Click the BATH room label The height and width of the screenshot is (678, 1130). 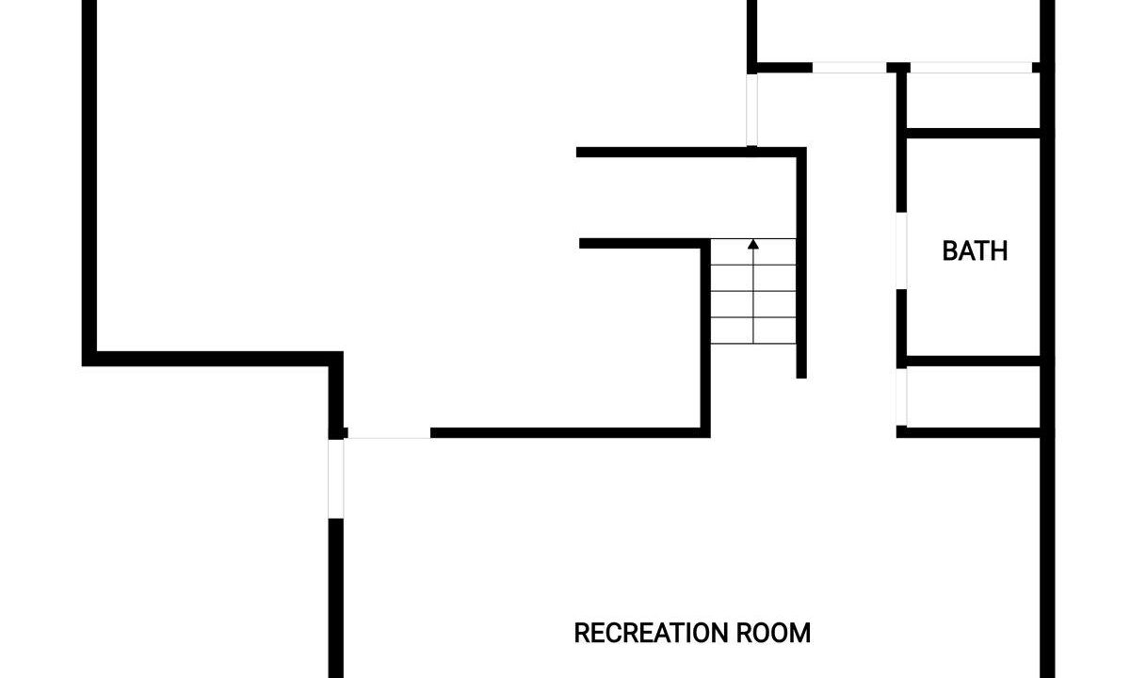click(975, 250)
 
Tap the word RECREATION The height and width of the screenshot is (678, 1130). click(651, 633)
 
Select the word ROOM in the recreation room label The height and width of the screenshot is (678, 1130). click(773, 633)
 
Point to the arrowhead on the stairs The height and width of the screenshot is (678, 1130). click(753, 244)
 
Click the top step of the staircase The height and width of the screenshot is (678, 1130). click(753, 251)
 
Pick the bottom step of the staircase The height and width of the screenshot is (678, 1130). click(753, 331)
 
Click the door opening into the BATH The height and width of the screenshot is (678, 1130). click(901, 250)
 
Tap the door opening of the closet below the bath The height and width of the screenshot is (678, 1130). click(901, 397)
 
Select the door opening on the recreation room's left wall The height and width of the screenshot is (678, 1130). click(336, 478)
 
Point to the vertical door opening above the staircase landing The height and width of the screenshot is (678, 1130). click(751, 110)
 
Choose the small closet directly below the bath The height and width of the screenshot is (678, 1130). click(973, 397)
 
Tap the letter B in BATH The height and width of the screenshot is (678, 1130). click(950, 250)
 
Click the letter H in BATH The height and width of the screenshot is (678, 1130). click(999, 250)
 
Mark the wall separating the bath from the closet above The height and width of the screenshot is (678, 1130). click(973, 134)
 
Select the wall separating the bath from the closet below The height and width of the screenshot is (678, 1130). click(973, 362)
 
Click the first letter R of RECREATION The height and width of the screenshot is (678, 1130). click(582, 633)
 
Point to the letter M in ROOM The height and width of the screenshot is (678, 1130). click(801, 633)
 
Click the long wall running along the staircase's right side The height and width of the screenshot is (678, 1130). click(801, 263)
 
